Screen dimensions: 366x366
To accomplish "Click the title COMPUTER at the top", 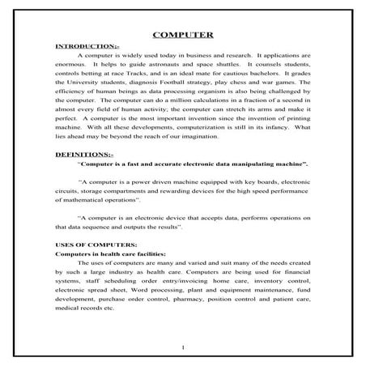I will point(183,35).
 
